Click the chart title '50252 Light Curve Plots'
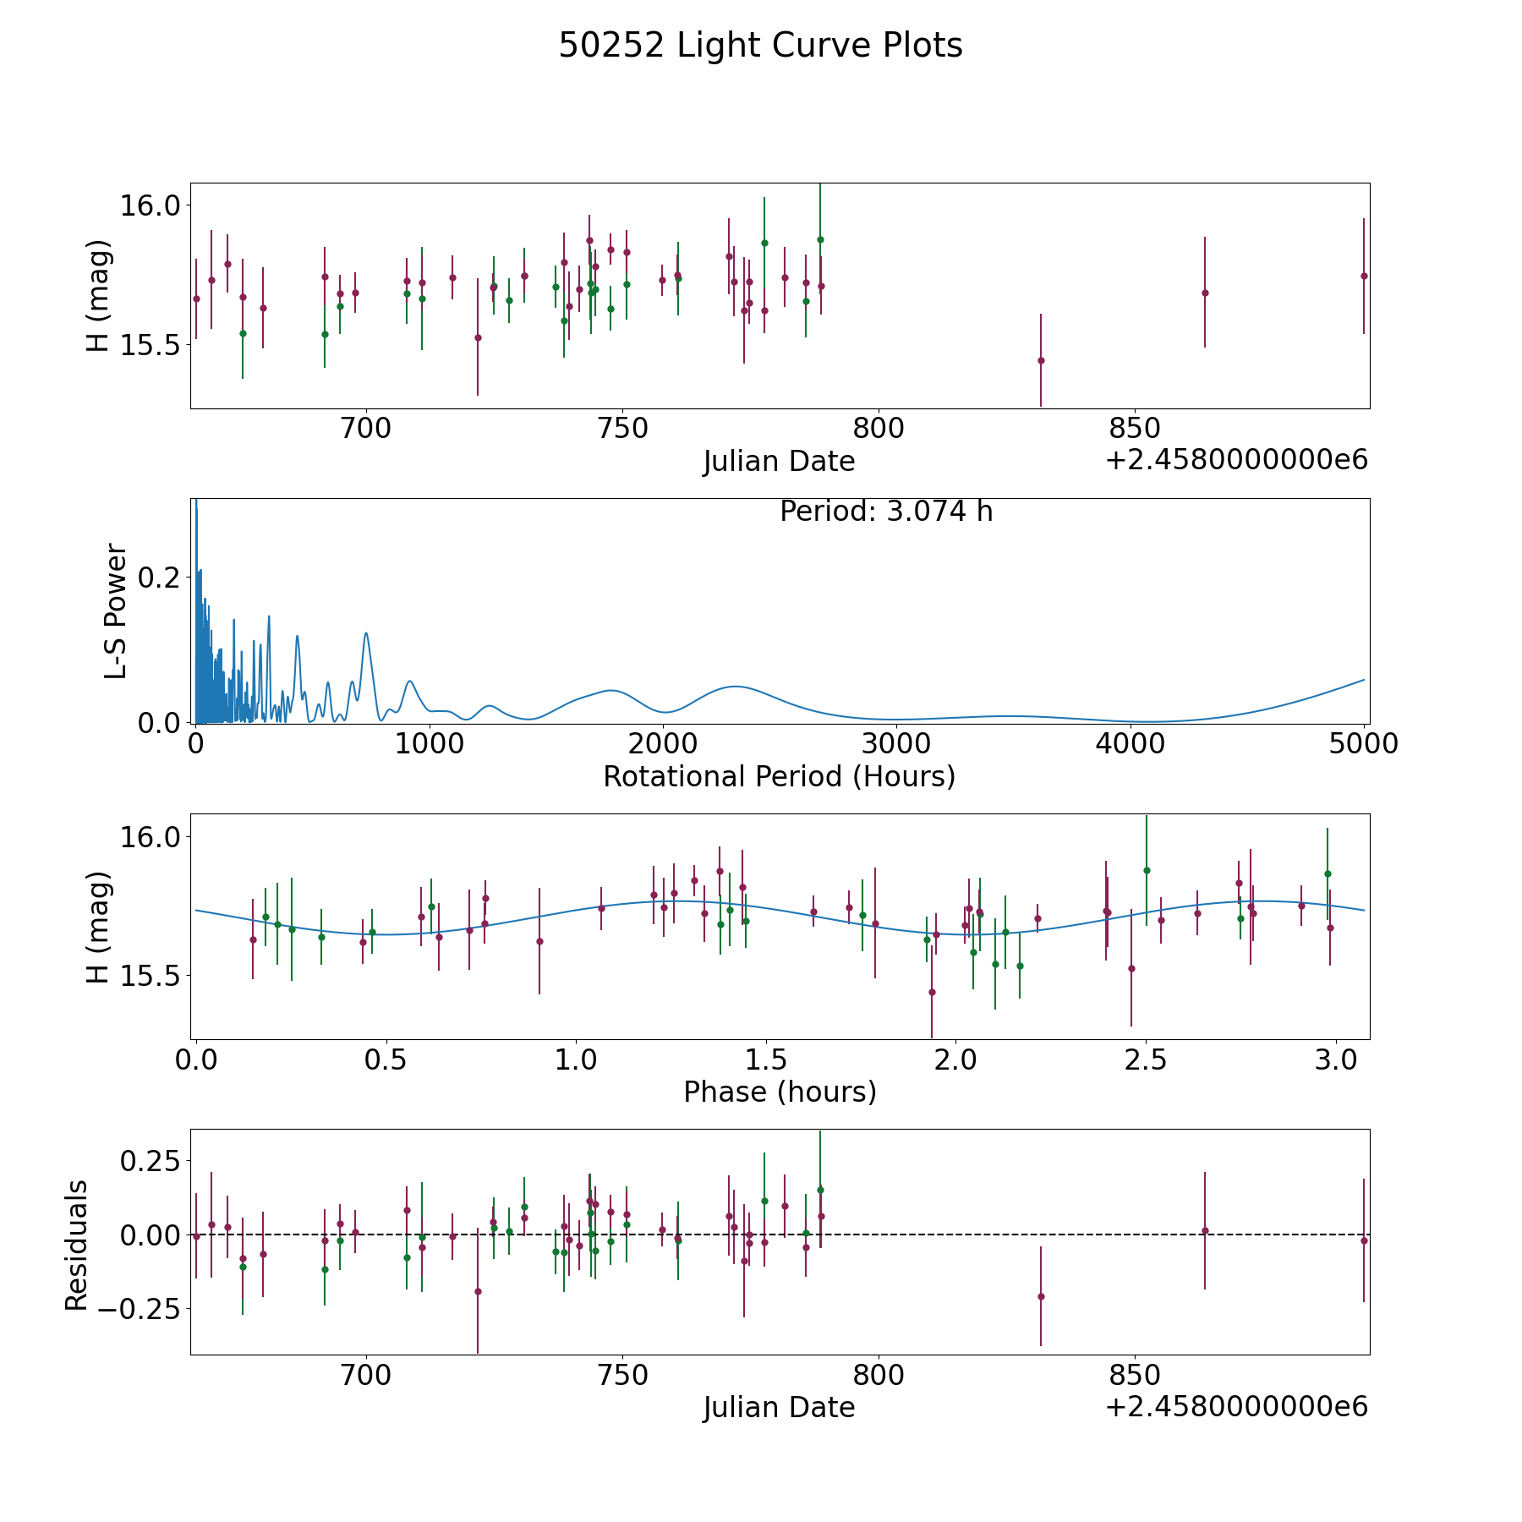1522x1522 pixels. (x=760, y=47)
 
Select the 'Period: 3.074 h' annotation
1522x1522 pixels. (x=885, y=512)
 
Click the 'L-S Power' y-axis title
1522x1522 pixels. (x=117, y=611)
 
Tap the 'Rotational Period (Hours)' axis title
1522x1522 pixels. (x=779, y=776)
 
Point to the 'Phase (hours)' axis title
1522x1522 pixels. (x=779, y=1092)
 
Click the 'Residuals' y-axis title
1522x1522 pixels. (x=77, y=1246)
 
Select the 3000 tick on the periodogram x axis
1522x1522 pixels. (x=896, y=744)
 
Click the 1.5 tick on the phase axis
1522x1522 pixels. (x=765, y=1059)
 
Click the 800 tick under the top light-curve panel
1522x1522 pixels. (x=878, y=429)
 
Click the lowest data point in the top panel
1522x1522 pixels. (x=1041, y=360)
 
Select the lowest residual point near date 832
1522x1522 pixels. (x=1041, y=1296)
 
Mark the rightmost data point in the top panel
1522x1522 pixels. (x=1364, y=276)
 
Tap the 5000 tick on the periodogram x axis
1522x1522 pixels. (x=1364, y=744)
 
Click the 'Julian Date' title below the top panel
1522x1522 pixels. (x=779, y=462)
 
